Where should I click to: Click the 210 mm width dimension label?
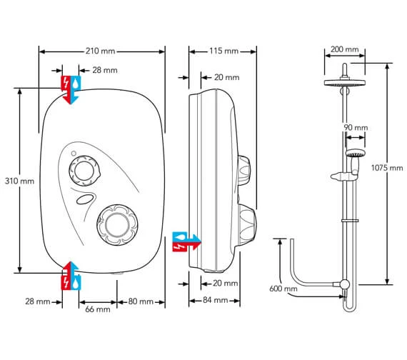coord(101,51)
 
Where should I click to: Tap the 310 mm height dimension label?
coord(20,181)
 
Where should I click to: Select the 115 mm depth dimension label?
coord(224,51)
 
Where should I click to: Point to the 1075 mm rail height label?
coord(387,168)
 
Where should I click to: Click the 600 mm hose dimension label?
coord(283,289)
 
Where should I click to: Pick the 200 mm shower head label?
coord(345,49)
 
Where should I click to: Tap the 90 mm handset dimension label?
coord(356,128)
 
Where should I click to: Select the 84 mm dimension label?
coord(215,300)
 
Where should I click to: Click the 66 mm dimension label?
coord(98,309)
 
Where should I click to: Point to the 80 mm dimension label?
coord(141,301)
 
